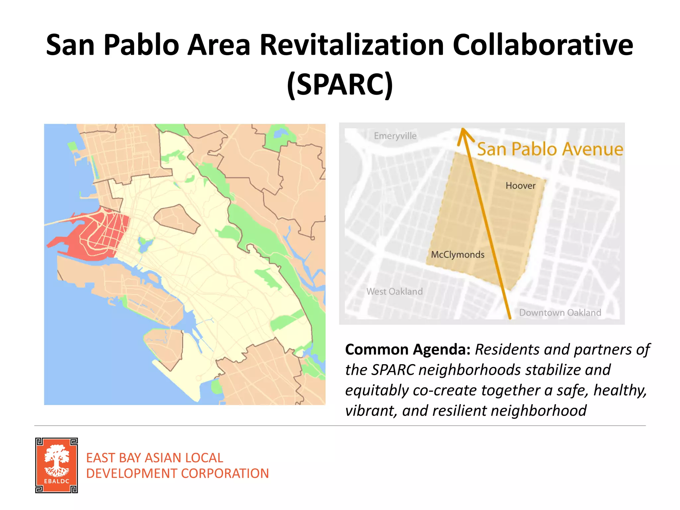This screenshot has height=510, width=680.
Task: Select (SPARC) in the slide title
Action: [x=340, y=85]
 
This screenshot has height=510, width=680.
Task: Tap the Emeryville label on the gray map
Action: [x=395, y=136]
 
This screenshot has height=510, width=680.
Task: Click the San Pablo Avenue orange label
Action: [x=550, y=149]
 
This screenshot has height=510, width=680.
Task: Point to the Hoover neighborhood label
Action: [x=520, y=186]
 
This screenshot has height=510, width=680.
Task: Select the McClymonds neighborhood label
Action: [x=457, y=255]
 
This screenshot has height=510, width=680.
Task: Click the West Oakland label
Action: [x=394, y=292]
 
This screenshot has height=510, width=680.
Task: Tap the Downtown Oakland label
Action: [x=560, y=313]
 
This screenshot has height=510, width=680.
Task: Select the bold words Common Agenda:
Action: [x=408, y=350]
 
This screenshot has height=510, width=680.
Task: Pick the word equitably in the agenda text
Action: [x=377, y=390]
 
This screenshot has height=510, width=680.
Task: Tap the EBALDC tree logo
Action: [x=57, y=465]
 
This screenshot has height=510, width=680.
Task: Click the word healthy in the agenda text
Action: [x=620, y=390]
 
